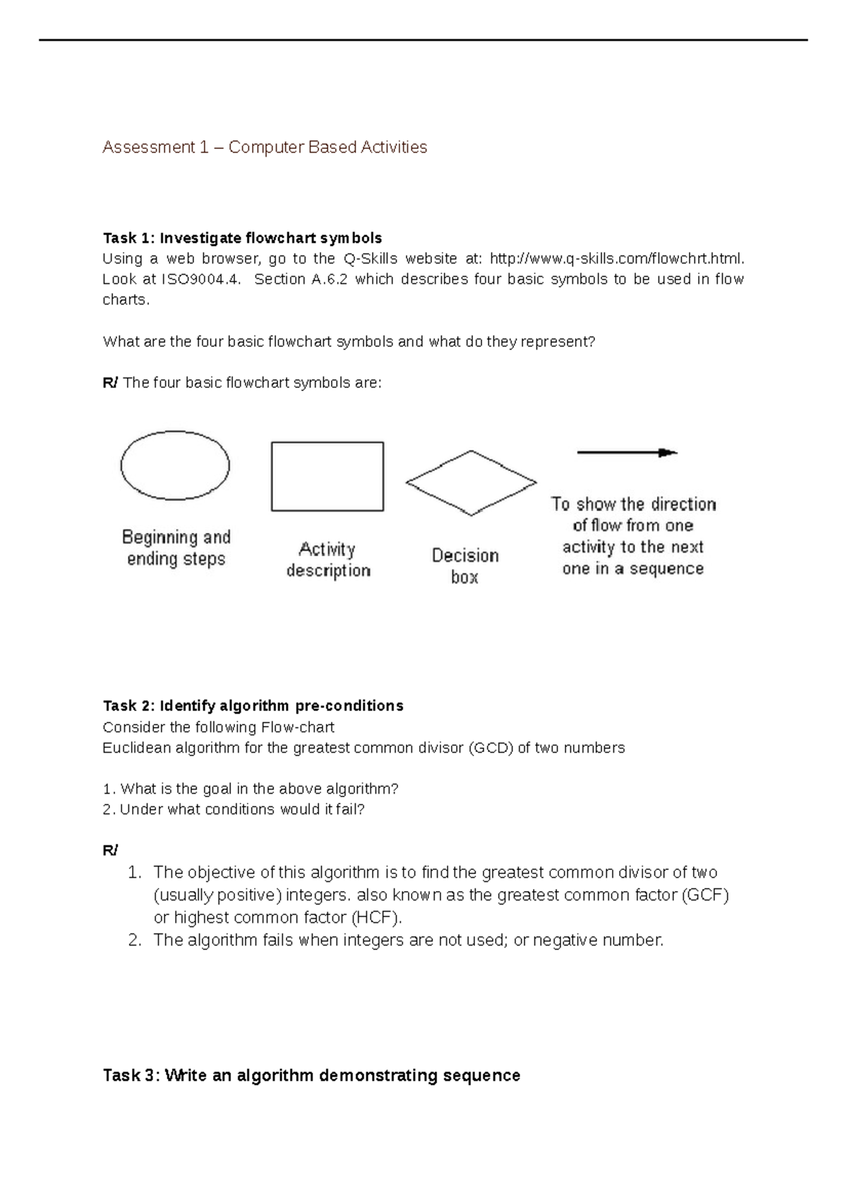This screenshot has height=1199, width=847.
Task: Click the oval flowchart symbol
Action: (x=175, y=465)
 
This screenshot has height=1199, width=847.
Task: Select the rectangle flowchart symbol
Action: (x=328, y=477)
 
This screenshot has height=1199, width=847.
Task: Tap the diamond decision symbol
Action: (x=471, y=483)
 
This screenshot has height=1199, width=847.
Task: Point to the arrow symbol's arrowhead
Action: (x=668, y=453)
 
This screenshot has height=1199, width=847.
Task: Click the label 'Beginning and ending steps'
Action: (x=176, y=548)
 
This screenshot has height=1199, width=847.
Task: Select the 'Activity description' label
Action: (x=328, y=559)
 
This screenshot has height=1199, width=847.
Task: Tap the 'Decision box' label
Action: (x=465, y=566)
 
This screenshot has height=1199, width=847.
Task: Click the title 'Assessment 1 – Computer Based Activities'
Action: (x=265, y=148)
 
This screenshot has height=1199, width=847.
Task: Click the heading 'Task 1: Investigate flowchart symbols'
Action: (x=242, y=238)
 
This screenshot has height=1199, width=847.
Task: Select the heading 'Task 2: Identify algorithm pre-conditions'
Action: (x=253, y=705)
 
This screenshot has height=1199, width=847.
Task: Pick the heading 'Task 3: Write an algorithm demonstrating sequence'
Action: (x=311, y=1075)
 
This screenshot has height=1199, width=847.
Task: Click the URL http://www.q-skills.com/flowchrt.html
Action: (x=616, y=258)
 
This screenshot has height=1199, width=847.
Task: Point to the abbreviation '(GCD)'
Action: (x=491, y=748)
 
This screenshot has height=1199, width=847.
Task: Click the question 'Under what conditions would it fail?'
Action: (x=242, y=809)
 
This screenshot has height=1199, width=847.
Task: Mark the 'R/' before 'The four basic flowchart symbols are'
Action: (x=110, y=383)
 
